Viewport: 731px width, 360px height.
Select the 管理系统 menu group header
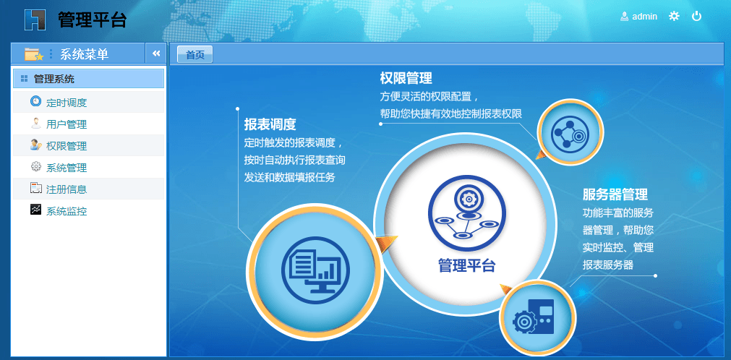click(89, 79)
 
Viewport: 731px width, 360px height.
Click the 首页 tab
click(195, 54)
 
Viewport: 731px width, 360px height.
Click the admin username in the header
click(645, 17)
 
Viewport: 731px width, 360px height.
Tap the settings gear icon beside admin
click(674, 17)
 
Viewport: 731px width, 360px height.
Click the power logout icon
click(696, 17)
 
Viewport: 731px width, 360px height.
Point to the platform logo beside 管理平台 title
click(35, 20)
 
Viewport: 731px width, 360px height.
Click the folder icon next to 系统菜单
click(34, 54)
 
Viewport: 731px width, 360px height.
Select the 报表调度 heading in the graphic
click(270, 124)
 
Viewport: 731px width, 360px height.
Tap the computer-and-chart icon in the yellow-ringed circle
click(315, 271)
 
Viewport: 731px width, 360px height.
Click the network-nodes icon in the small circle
click(570, 132)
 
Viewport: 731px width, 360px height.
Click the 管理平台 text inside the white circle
click(466, 265)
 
